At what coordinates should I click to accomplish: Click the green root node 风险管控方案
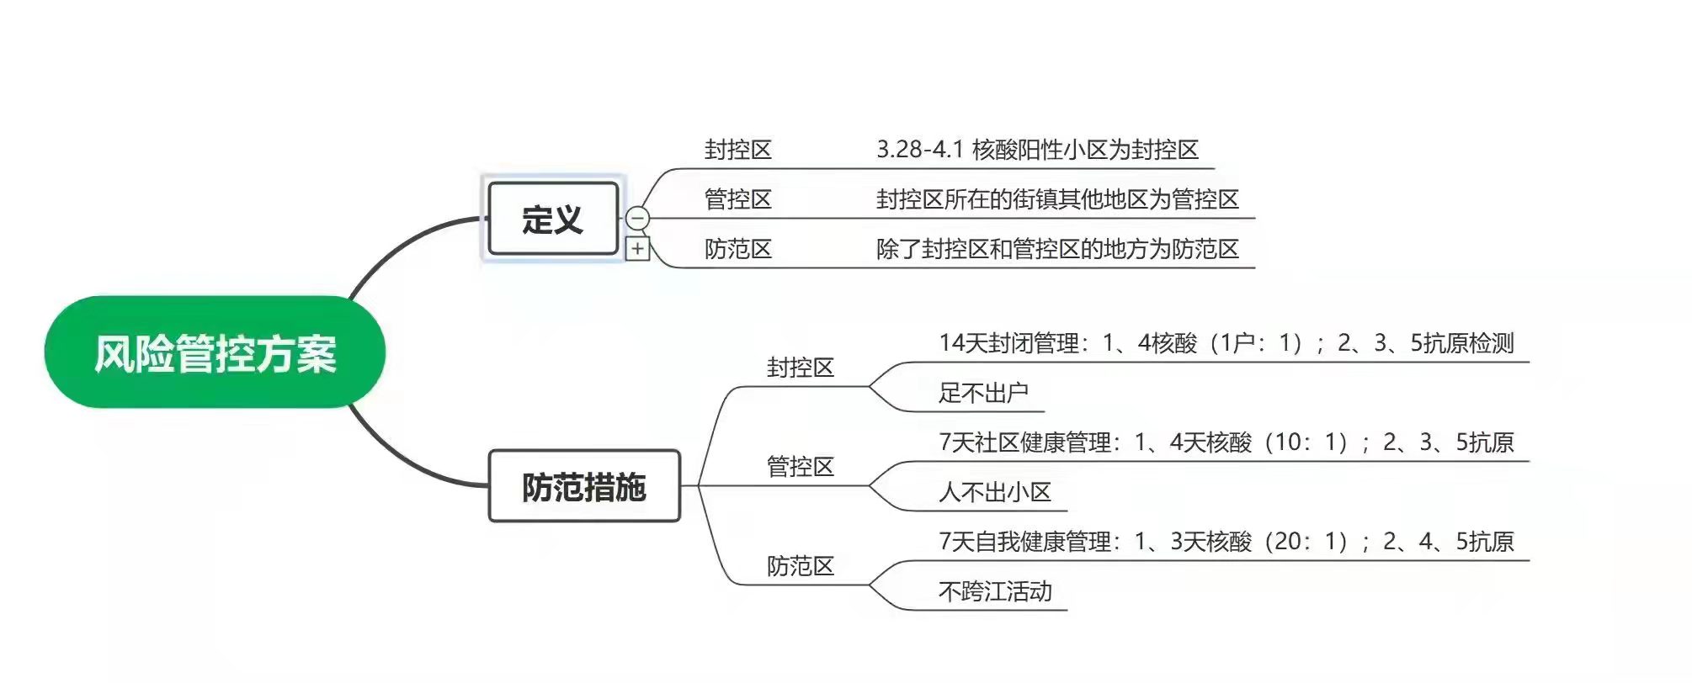(215, 352)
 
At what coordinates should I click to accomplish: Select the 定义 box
(552, 219)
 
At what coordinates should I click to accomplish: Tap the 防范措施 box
(583, 486)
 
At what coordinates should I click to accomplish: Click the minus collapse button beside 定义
(638, 219)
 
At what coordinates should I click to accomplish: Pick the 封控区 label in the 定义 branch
(737, 150)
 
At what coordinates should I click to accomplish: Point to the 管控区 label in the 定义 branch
(737, 199)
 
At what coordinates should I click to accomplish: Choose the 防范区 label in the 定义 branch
(737, 249)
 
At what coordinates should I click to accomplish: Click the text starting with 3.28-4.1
(1037, 150)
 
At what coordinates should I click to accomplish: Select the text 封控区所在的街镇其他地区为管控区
(1057, 199)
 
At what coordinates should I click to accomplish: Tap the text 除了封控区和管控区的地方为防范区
(1057, 249)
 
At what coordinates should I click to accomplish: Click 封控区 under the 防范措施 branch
(800, 368)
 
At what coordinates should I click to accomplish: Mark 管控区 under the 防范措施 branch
(800, 467)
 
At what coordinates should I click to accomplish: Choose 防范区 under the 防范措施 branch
(800, 566)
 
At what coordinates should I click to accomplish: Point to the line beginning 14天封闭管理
(1226, 343)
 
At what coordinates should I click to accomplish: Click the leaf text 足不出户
(983, 393)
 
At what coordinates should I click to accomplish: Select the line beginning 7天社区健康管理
(1226, 442)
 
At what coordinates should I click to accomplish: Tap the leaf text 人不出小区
(995, 492)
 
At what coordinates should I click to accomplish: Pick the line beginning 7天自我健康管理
(1226, 542)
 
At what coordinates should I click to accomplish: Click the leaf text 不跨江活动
(995, 591)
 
